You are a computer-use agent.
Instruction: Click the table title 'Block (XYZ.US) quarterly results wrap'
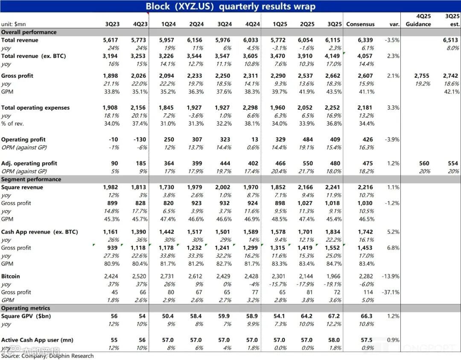[x=230, y=6]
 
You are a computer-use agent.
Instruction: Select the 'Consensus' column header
[x=360, y=24]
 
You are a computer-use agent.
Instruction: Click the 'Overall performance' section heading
[x=29, y=32]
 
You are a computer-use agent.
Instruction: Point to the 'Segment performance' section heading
[x=31, y=179]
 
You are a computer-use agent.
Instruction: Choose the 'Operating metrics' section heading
[x=26, y=308]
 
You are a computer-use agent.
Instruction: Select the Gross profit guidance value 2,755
[x=421, y=76]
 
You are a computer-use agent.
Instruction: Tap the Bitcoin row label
[x=11, y=276]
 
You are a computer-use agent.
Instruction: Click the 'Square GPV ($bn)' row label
[x=24, y=316]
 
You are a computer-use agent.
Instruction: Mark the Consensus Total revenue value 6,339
[x=365, y=40]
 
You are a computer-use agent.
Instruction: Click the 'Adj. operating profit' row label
[x=29, y=163]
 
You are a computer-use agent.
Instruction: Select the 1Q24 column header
[x=167, y=24]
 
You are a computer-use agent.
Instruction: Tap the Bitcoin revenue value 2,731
[x=167, y=276]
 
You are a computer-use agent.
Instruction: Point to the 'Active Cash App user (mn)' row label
[x=37, y=340]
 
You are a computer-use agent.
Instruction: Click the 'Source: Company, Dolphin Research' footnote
[x=47, y=356]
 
